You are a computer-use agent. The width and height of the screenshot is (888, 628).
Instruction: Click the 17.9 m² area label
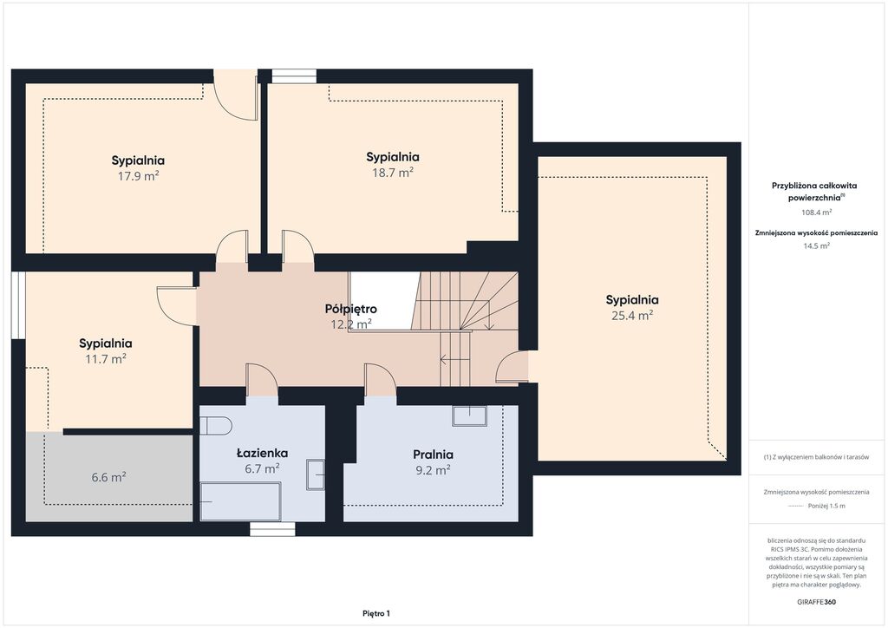pos(138,176)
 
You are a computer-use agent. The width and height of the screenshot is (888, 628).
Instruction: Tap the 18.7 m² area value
pos(393,173)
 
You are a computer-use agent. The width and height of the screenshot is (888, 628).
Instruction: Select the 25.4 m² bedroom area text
pos(632,316)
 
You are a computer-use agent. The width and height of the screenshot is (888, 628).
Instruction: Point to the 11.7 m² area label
pos(105,358)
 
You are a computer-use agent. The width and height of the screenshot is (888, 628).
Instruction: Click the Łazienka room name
pos(262,453)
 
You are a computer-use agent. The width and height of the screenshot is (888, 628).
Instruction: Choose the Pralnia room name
pos(433,455)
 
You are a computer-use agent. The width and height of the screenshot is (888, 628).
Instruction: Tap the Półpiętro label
pos(351,309)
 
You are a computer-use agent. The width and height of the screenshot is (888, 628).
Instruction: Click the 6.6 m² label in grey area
pos(108,477)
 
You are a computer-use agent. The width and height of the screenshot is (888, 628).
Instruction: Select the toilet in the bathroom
pos(216,426)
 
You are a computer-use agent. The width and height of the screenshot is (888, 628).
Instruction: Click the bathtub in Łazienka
pos(240,501)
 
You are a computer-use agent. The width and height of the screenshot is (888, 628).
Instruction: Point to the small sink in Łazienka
pos(316,474)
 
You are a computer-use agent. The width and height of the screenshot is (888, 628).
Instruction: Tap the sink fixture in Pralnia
pos(469,416)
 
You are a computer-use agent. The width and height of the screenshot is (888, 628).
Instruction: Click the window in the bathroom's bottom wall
pos(272,529)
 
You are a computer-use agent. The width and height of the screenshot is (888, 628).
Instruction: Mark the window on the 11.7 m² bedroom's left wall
pos(19,306)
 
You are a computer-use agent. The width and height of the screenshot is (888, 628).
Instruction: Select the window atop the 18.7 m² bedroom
pos(294,76)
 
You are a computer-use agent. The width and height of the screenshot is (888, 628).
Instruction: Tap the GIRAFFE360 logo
pos(816,602)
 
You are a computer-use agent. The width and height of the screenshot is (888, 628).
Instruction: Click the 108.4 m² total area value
pos(816,213)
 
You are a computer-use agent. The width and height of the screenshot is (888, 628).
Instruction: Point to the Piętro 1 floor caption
pos(376,613)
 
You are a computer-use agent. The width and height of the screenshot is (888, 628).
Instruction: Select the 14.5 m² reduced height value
pos(816,245)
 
